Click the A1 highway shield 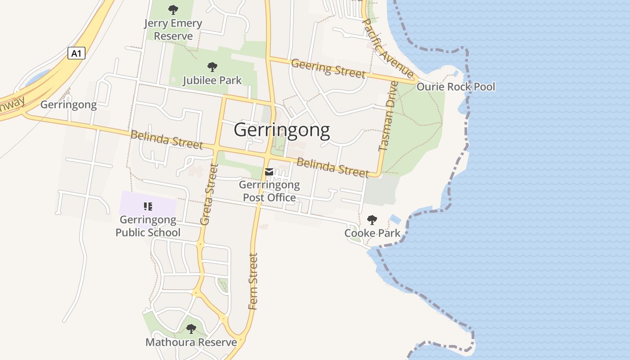tap(76, 53)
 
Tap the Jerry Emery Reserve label tap(173, 30)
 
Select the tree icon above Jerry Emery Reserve tap(173, 9)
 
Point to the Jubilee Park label tap(212, 81)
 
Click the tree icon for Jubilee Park tap(212, 67)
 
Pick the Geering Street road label tap(328, 68)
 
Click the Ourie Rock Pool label tap(456, 86)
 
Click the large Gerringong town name tap(282, 130)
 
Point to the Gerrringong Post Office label tap(269, 191)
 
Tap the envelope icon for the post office tap(269, 172)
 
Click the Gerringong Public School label tap(148, 226)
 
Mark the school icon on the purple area tap(148, 207)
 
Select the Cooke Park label tap(372, 233)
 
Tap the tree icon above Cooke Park tap(372, 220)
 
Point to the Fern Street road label tap(253, 282)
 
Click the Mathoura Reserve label tap(191, 342)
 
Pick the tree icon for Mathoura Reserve tap(191, 329)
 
